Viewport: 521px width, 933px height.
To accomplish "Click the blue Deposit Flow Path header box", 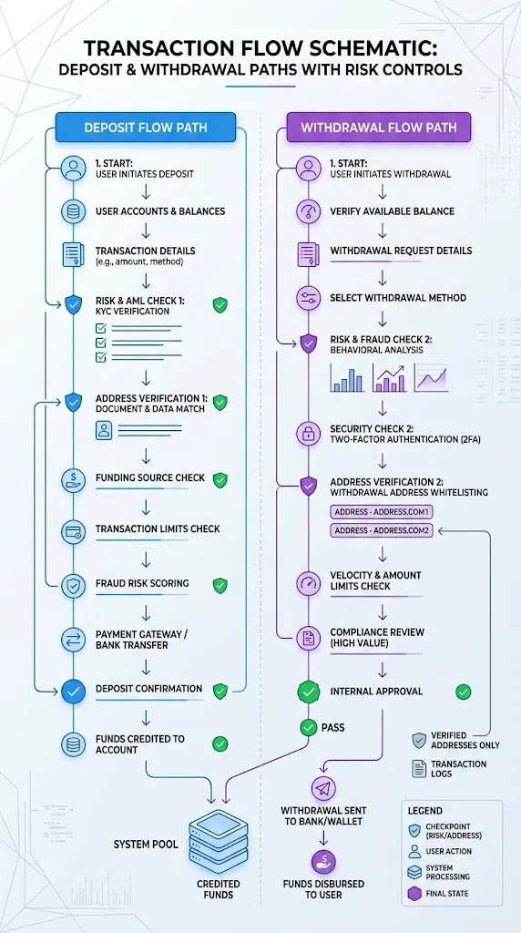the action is point(146,128).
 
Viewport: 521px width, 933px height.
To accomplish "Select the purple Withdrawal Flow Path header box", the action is point(379,128).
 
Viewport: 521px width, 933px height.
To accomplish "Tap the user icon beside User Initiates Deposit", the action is point(73,168).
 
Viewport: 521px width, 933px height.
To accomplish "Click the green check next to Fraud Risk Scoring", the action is point(220,586).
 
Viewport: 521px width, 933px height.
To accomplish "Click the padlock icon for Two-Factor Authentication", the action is point(308,435).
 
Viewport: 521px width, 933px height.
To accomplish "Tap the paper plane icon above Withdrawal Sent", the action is point(323,788).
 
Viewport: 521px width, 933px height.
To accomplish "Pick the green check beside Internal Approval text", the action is point(463,692).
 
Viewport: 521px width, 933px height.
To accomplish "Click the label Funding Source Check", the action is point(150,477).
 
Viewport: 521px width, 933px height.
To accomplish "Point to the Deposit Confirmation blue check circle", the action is point(73,692).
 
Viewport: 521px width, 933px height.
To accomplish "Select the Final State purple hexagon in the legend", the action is point(414,893).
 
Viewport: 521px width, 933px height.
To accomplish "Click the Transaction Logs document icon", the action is point(419,768).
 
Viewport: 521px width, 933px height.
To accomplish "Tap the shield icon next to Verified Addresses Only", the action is point(419,740).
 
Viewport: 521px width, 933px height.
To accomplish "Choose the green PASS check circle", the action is point(308,727).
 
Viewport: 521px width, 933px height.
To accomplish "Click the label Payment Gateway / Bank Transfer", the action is point(141,640).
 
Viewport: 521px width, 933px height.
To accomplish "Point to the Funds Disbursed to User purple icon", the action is point(323,862).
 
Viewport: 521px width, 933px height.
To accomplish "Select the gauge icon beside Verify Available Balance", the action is point(308,211).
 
